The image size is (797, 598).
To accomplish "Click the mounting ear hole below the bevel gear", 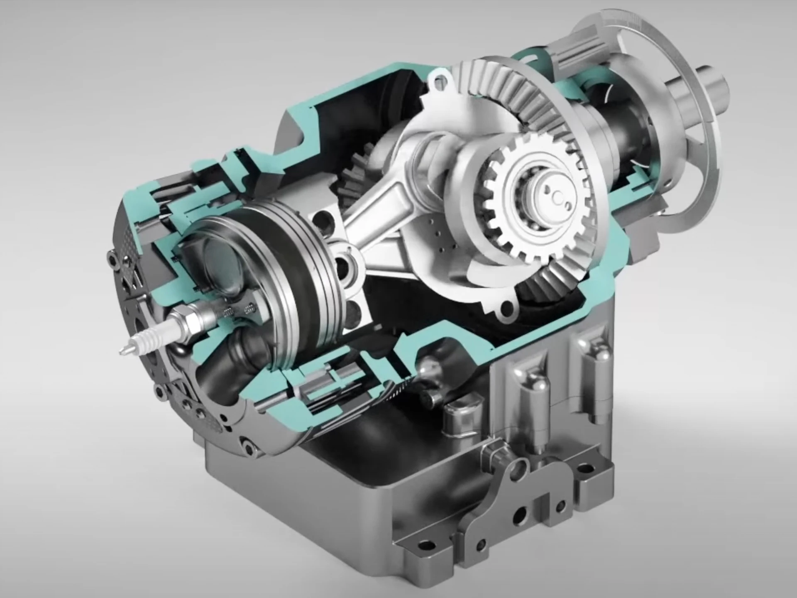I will (x=507, y=307).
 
